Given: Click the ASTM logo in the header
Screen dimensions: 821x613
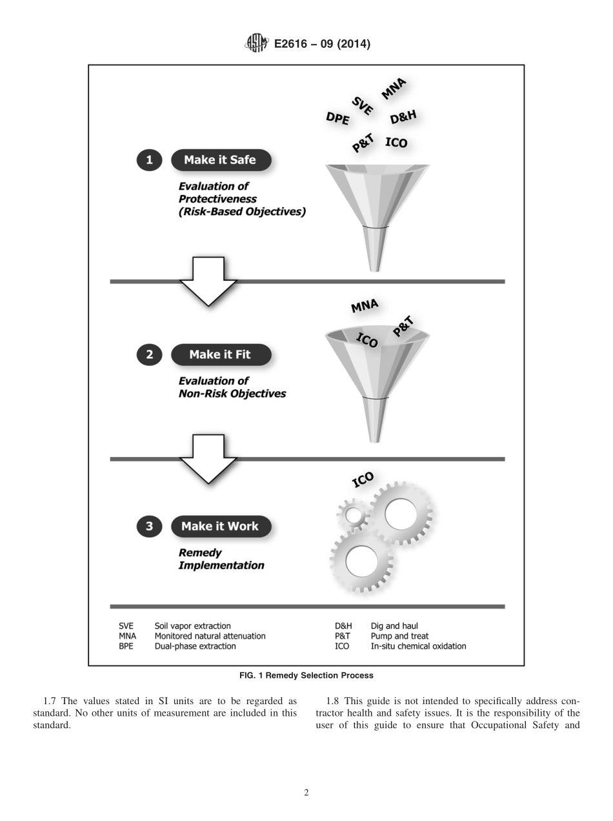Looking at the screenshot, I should [256, 44].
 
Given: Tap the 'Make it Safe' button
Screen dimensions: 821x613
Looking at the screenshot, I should [220, 160].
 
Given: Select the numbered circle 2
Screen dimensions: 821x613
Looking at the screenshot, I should [149, 354].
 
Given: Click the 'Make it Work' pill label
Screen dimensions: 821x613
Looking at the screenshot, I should [220, 526].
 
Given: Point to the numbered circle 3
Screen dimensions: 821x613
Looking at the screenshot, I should [149, 526].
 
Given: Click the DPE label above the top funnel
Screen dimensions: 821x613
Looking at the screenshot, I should [337, 118].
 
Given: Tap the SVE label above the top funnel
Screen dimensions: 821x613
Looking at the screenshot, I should [363, 105].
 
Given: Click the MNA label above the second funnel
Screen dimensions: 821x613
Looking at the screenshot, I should [365, 306].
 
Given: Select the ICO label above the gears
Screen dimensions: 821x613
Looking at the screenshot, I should [363, 480].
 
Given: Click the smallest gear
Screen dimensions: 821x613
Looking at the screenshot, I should [354, 514].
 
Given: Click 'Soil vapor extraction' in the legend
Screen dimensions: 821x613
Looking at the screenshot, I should [192, 626].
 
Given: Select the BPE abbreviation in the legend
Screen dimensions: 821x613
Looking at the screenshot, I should [126, 646].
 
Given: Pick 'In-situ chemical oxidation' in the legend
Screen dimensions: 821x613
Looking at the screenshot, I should [418, 646].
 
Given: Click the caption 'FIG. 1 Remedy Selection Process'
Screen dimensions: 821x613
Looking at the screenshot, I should [306, 676].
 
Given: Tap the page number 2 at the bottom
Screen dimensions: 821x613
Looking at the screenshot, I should [306, 793].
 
